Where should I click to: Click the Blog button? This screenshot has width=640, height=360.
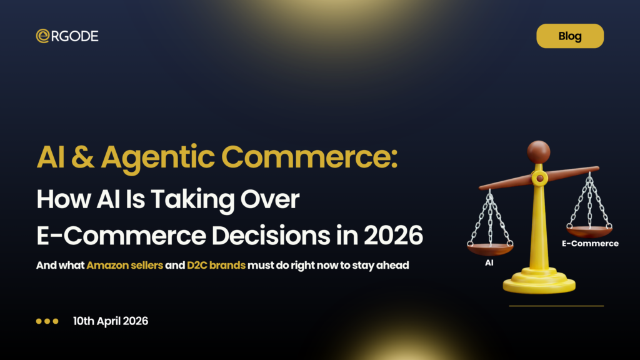pos(570,36)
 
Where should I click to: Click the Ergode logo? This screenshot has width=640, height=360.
pos(67,36)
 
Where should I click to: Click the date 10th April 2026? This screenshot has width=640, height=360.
pos(111,321)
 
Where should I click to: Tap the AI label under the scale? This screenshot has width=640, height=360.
pos(490,263)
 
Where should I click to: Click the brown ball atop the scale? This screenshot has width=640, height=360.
pos(538,152)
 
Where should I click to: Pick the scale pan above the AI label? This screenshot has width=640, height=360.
pos(490,249)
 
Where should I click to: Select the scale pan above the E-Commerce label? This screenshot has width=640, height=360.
pos(589,231)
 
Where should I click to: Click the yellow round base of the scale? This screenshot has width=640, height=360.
pos(539,284)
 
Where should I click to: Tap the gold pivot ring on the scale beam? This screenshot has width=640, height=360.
pos(538,179)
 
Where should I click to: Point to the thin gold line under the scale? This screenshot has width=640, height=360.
pos(556,306)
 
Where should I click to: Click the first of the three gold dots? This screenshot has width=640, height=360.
pos(39,321)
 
